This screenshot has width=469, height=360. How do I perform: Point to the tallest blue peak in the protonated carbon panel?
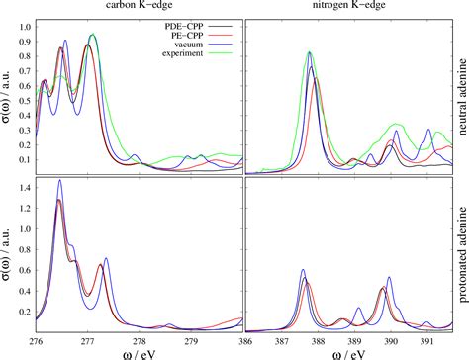point(60,181)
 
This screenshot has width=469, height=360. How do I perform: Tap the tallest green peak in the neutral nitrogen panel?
point(310,52)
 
